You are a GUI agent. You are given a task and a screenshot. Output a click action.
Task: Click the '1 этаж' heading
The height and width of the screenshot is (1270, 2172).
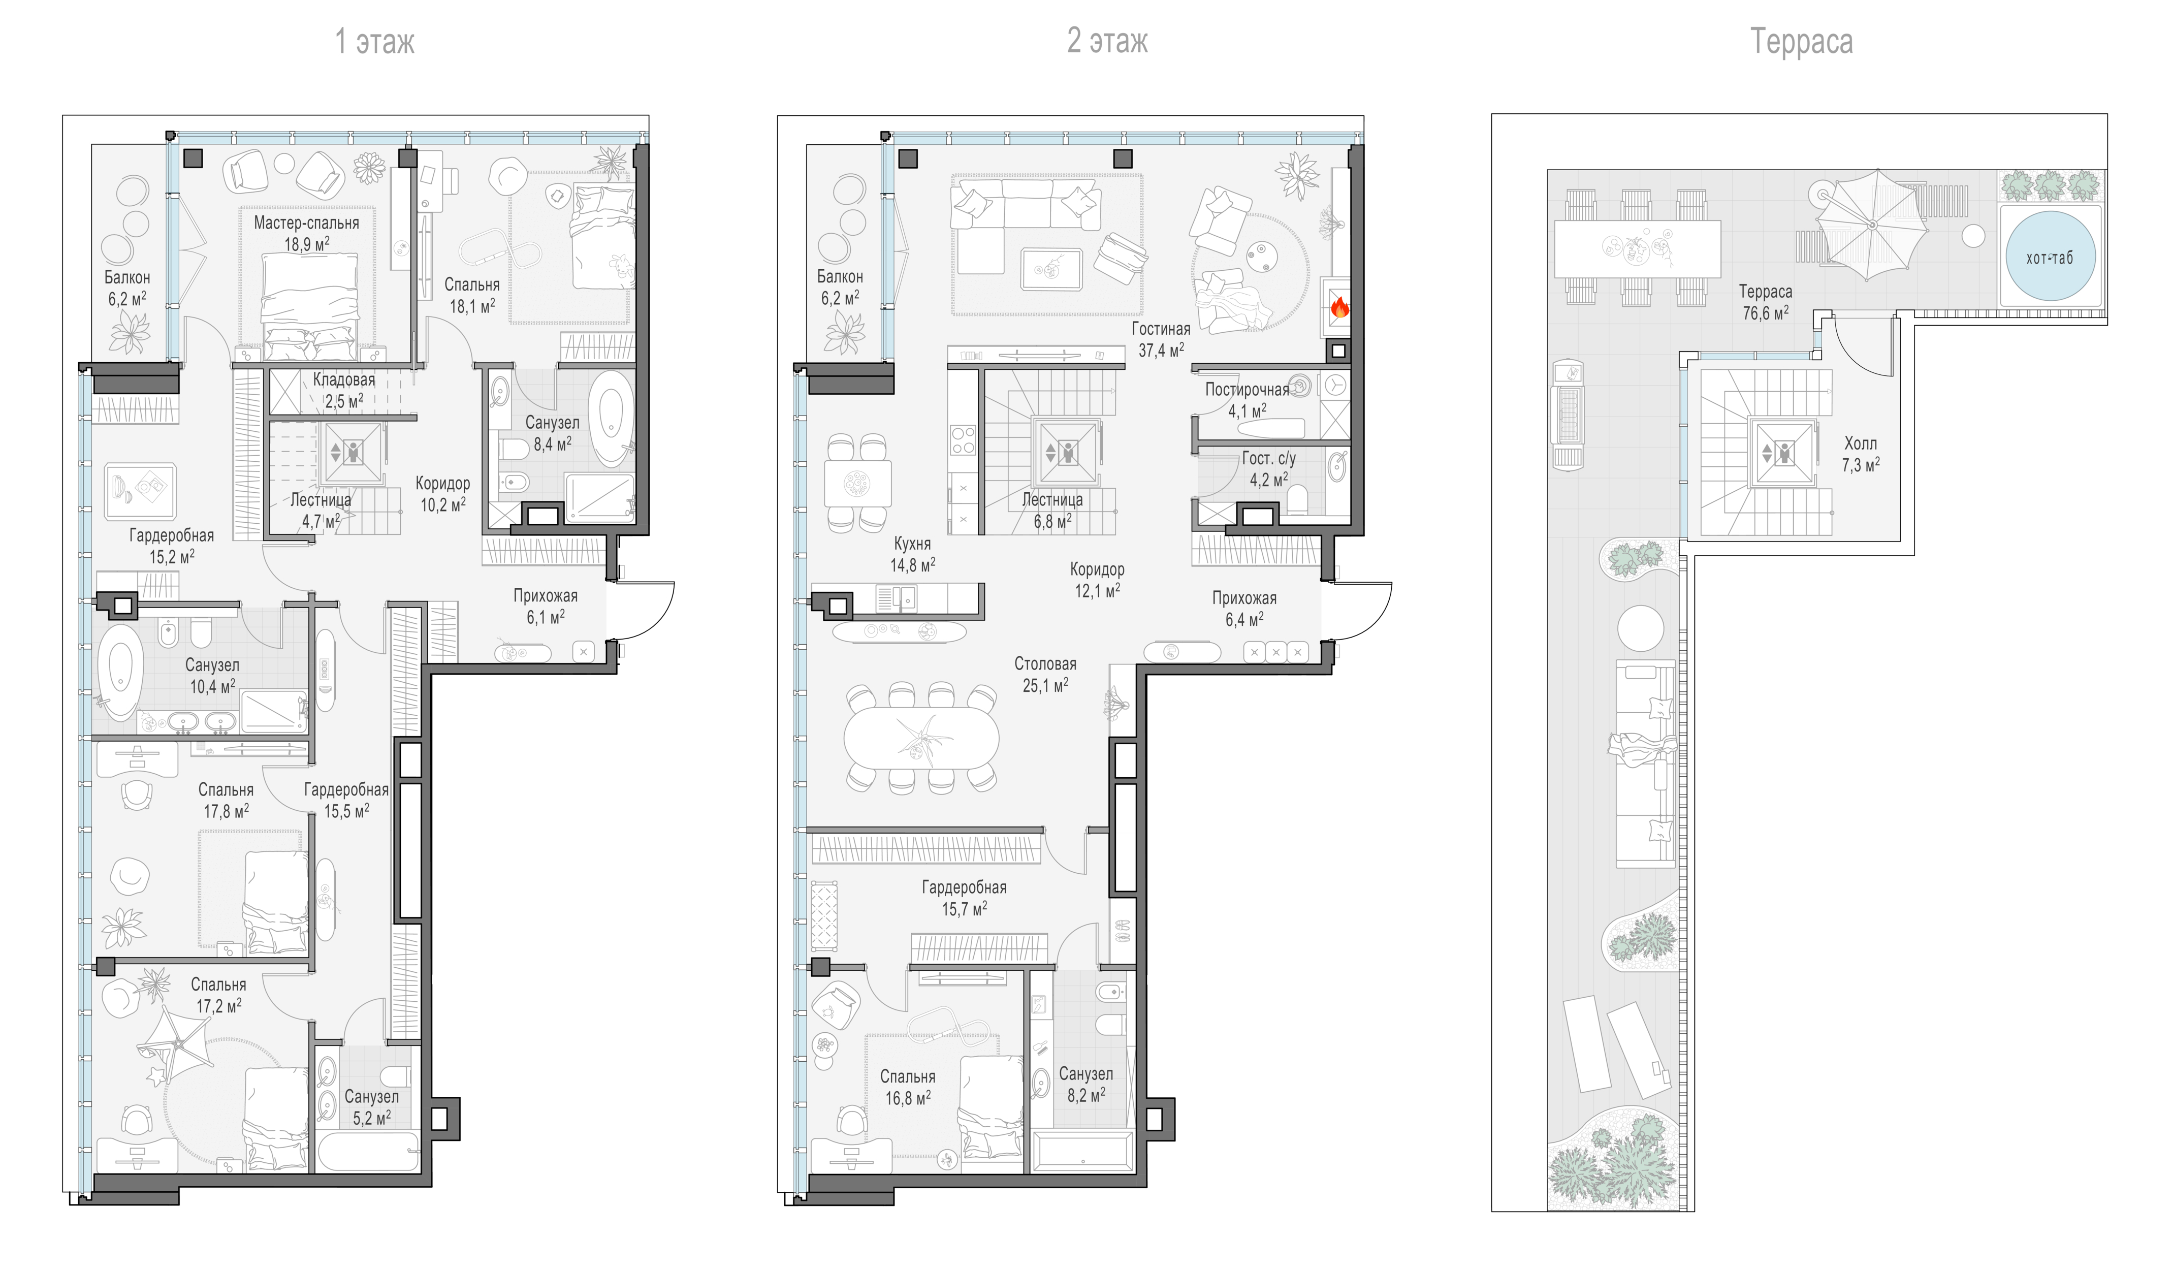tap(375, 41)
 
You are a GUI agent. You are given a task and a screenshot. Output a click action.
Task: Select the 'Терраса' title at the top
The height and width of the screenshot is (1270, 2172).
tap(1801, 41)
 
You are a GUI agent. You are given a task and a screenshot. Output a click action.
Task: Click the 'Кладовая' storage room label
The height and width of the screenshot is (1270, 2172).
tap(344, 379)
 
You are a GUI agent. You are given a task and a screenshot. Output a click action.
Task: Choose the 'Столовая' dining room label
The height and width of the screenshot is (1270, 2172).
tap(1045, 664)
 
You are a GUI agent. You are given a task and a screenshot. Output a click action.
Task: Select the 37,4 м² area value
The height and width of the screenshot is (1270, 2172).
tap(1161, 350)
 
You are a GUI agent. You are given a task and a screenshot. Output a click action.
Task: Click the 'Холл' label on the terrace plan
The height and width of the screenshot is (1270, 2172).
tap(1860, 443)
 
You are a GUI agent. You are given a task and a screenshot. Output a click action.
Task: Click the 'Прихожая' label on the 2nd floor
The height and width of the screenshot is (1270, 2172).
tap(1244, 597)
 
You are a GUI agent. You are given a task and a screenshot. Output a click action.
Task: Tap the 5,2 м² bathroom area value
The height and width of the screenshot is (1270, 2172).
tap(371, 1118)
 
